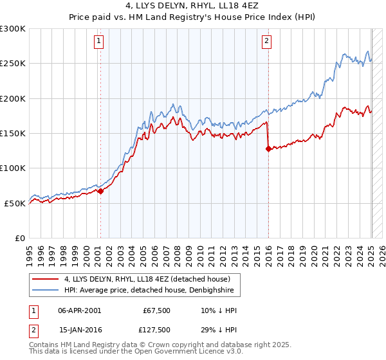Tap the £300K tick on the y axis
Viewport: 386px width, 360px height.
point(13,29)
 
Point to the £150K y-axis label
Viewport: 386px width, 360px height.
point(13,133)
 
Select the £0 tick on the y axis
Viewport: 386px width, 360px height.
point(21,238)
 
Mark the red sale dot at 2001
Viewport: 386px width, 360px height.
point(100,191)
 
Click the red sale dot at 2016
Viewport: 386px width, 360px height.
point(268,149)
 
